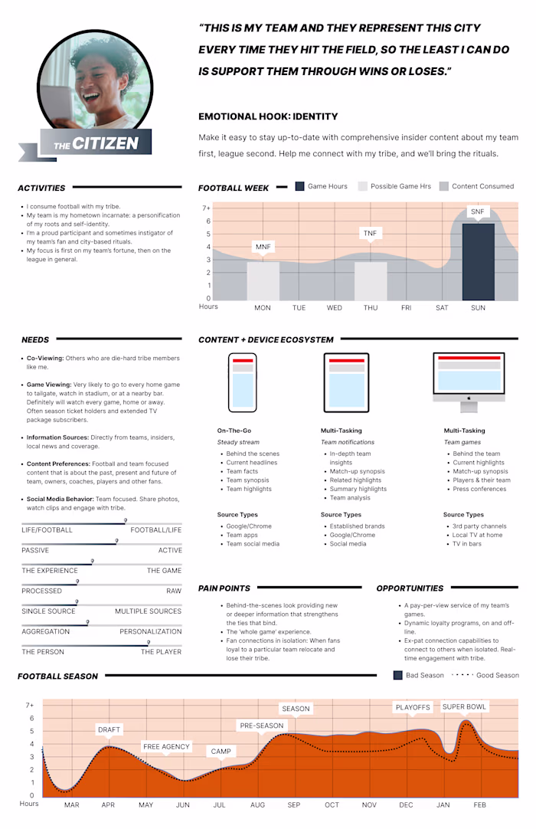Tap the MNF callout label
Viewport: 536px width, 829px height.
point(263,247)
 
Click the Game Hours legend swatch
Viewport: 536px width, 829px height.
point(300,186)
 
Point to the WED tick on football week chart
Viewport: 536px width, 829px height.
point(335,308)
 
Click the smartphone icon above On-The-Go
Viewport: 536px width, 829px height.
point(243,382)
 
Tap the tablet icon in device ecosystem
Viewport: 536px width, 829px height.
point(345,382)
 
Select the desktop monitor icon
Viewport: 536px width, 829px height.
point(468,377)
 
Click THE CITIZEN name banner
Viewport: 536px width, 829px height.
point(96,143)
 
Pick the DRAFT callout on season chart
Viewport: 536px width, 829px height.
point(109,730)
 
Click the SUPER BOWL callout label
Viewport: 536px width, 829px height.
point(465,706)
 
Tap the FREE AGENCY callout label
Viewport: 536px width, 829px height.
point(166,746)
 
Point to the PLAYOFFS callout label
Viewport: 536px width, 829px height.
point(413,707)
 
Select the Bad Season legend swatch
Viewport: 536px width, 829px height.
point(397,676)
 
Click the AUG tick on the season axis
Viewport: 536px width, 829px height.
point(257,805)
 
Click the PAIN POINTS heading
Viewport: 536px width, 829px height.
point(224,588)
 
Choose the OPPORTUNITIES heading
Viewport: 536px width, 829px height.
point(410,588)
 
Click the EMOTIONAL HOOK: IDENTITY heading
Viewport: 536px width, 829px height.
point(268,116)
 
